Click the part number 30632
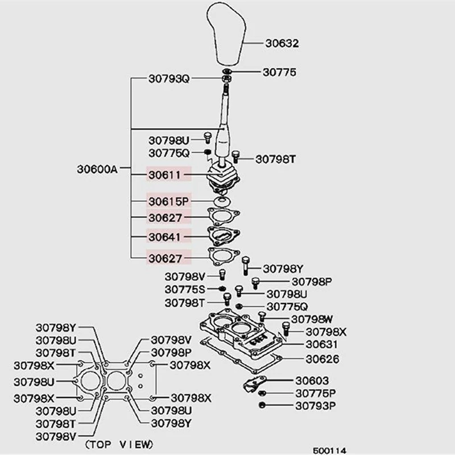[282, 43]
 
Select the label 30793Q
[168, 78]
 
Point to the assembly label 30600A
[97, 169]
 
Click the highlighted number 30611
[165, 175]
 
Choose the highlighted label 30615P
[168, 201]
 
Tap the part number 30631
[321, 344]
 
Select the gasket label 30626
[321, 359]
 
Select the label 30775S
[185, 289]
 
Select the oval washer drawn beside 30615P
[222, 201]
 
